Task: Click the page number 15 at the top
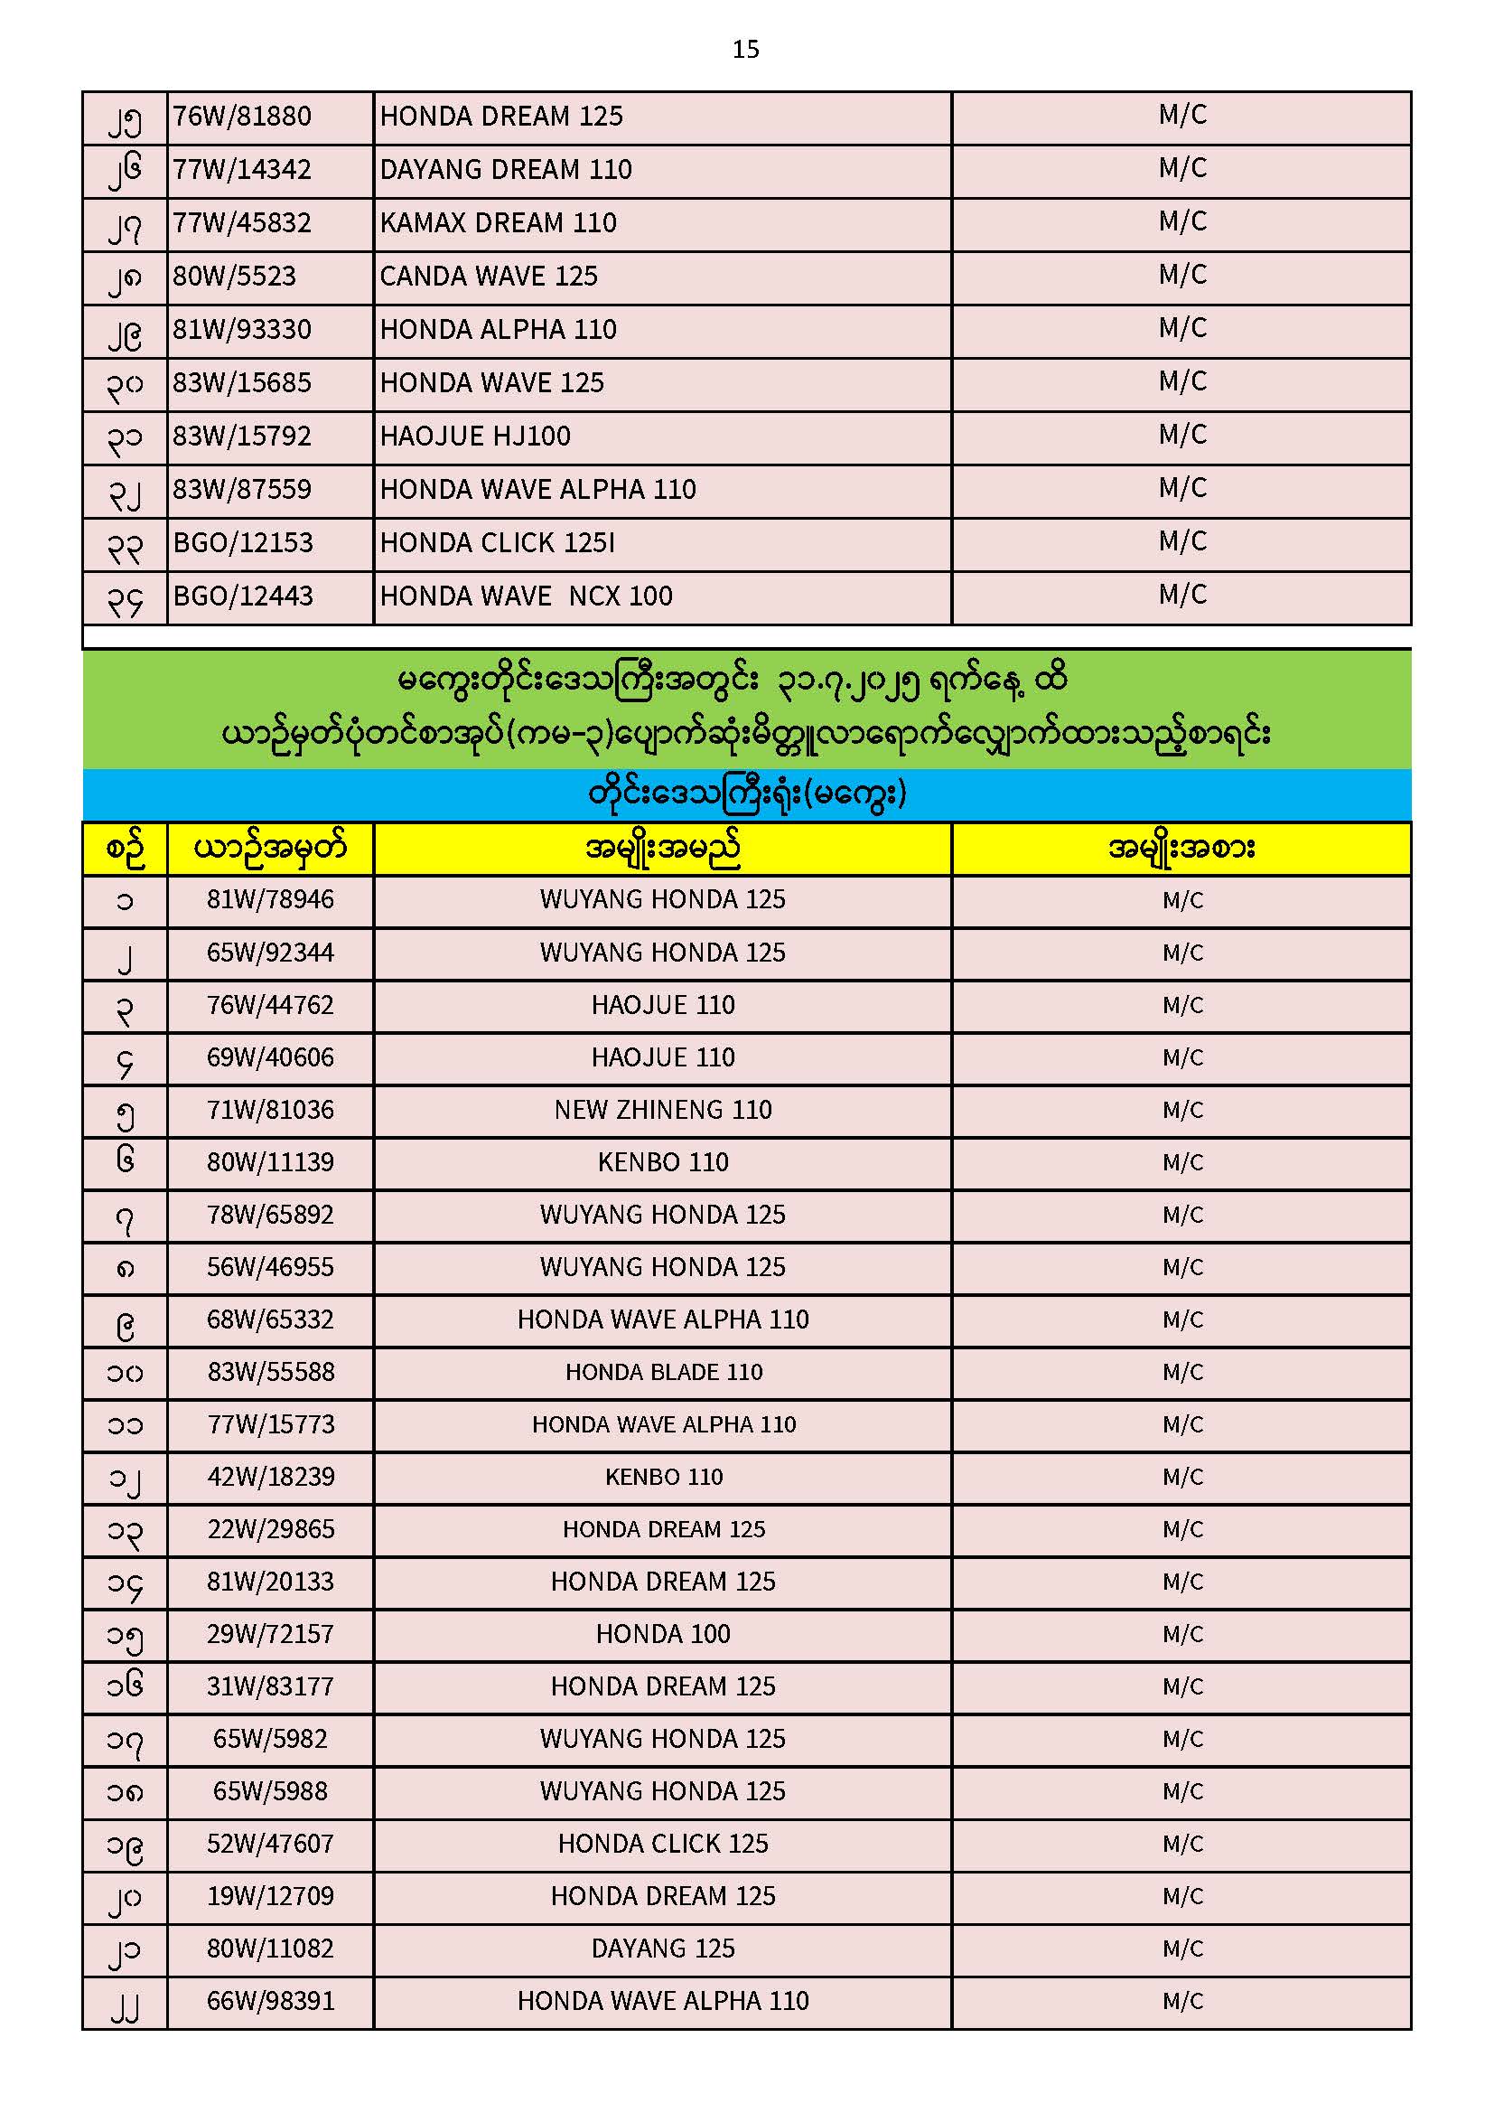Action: (745, 49)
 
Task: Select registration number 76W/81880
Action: (242, 117)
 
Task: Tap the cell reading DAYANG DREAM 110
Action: (505, 170)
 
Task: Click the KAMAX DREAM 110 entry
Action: (498, 223)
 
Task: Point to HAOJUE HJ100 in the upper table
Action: (475, 437)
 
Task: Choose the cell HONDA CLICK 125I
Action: (497, 543)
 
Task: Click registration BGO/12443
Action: (243, 596)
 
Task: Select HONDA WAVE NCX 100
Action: (526, 596)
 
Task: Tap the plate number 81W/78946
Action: (269, 899)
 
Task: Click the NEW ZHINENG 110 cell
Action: (662, 1110)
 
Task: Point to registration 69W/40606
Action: (269, 1057)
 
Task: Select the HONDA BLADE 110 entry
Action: (663, 1372)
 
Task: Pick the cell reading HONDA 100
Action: (662, 1634)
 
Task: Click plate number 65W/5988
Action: (269, 1792)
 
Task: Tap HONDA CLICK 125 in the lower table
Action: (662, 1845)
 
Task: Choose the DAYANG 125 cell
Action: (662, 1949)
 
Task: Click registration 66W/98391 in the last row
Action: (269, 2002)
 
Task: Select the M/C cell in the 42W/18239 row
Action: (1182, 1477)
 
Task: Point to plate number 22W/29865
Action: (269, 1529)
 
